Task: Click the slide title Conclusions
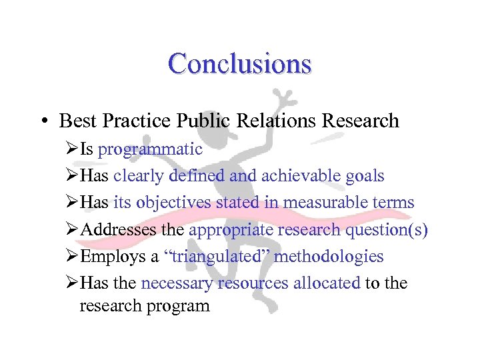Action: (x=239, y=64)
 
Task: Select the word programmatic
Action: (x=150, y=149)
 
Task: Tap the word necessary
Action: (x=177, y=283)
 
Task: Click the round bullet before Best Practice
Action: (x=42, y=121)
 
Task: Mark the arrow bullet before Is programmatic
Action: (x=73, y=149)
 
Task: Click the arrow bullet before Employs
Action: (x=73, y=256)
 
